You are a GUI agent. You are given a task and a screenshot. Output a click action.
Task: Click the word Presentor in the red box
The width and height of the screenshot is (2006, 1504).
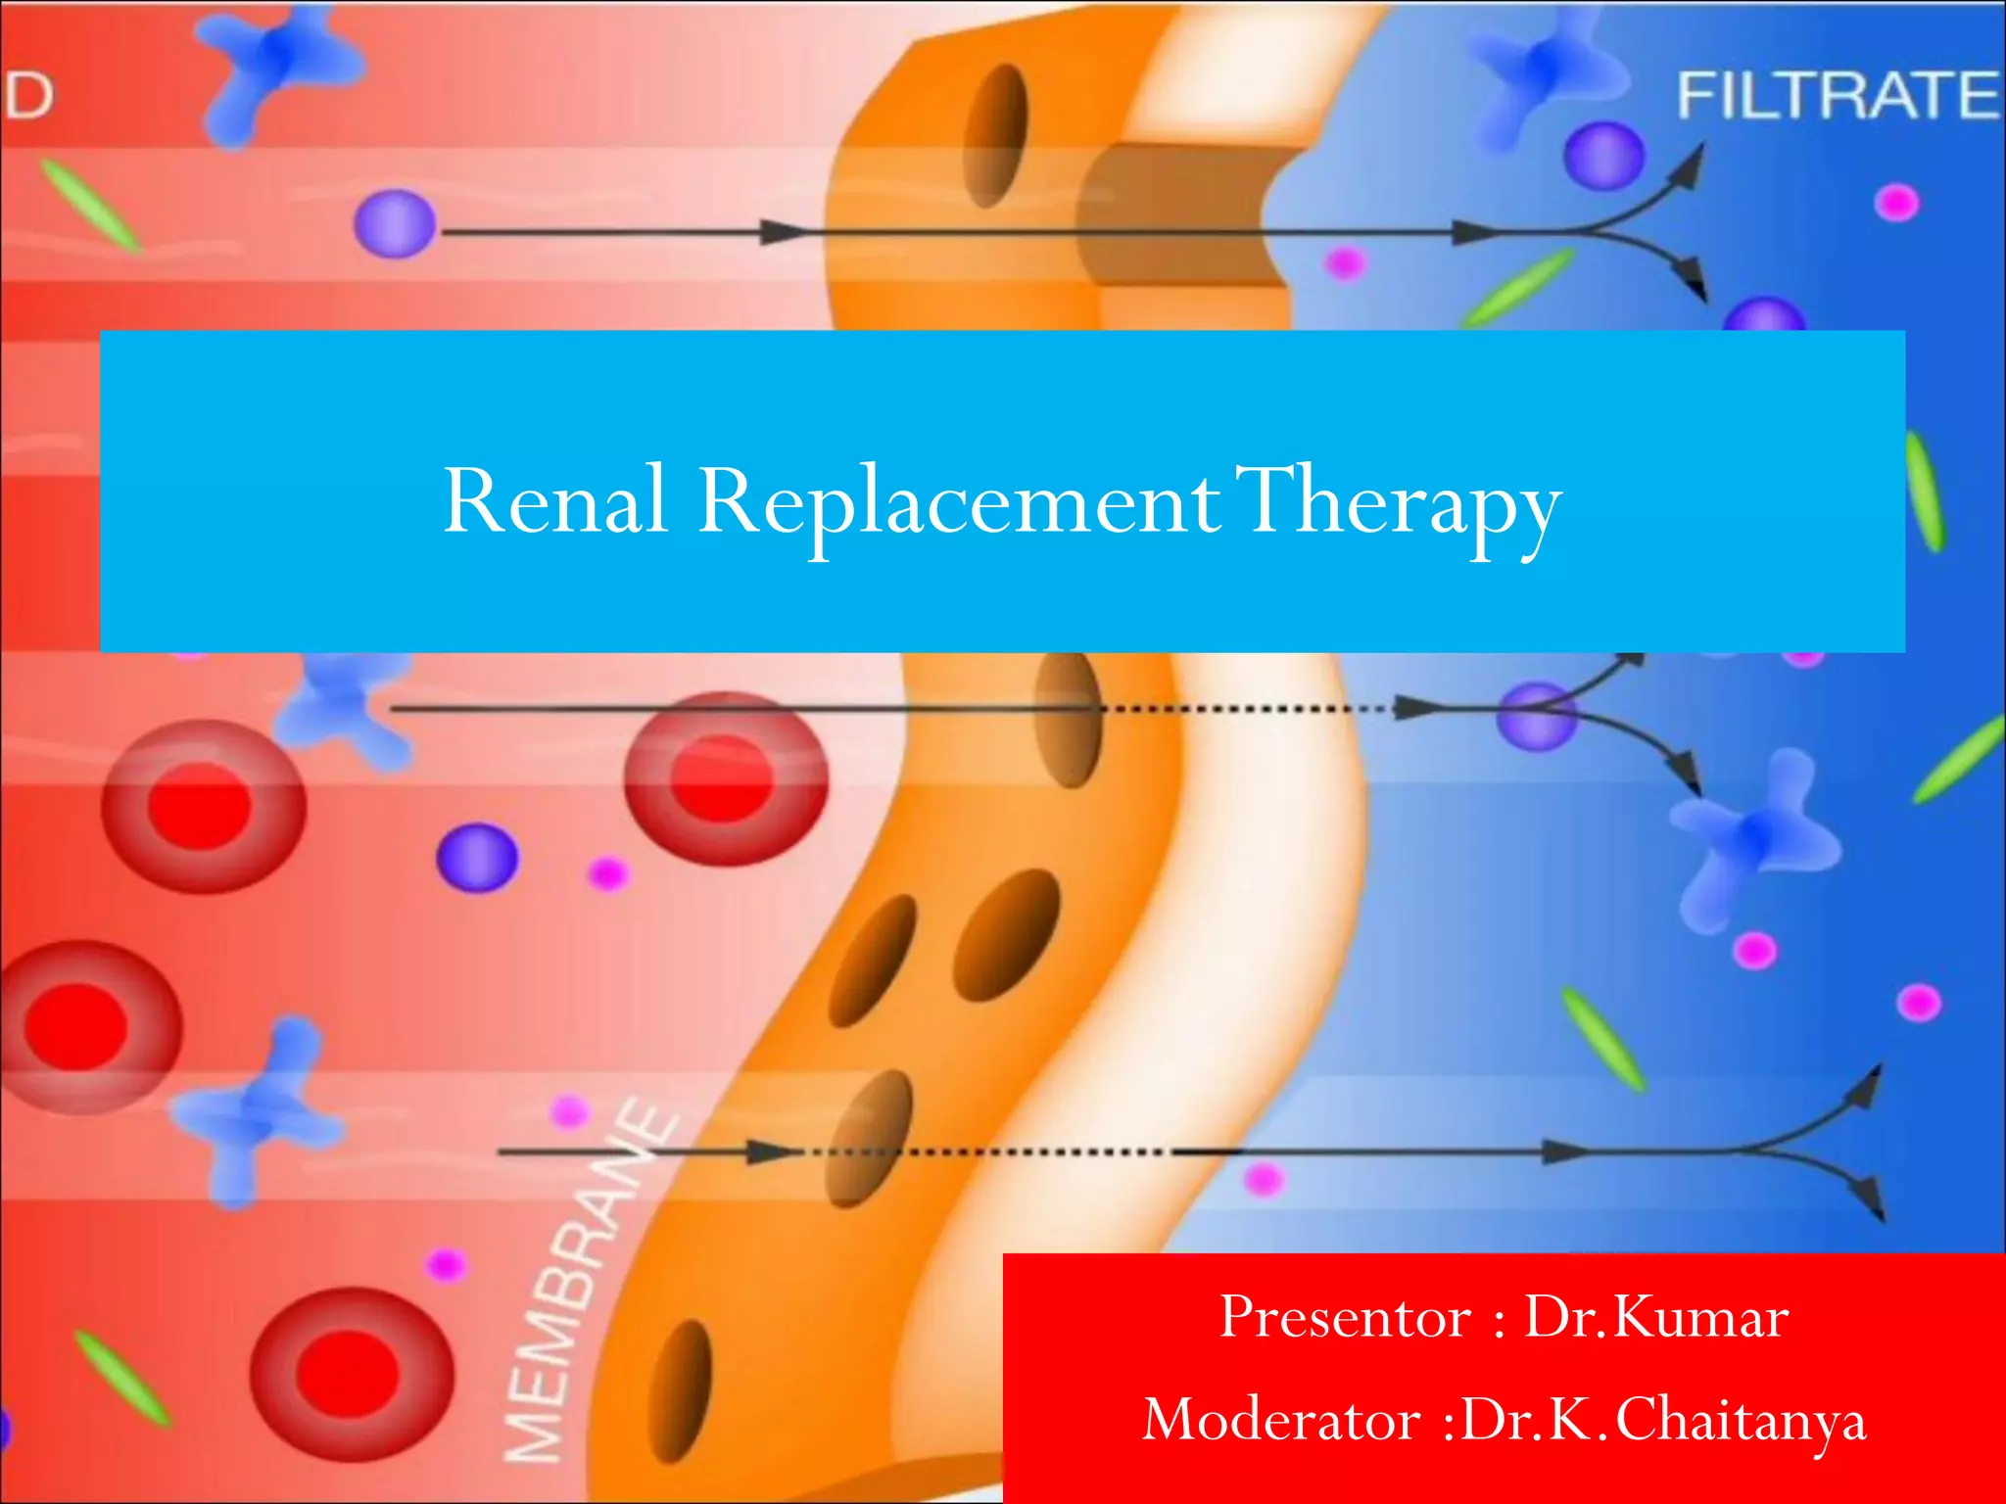click(1345, 1317)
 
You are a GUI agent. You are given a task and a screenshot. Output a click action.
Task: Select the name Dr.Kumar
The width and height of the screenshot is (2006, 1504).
click(1656, 1317)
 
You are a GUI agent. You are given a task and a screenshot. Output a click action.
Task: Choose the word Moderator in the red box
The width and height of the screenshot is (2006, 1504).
click(1281, 1420)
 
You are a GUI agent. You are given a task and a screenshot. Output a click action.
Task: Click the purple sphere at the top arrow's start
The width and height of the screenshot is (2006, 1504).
click(395, 224)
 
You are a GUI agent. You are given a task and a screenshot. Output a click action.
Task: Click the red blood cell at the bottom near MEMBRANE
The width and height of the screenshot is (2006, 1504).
click(350, 1374)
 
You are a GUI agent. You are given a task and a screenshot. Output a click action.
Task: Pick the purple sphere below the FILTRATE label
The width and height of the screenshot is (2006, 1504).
click(1603, 156)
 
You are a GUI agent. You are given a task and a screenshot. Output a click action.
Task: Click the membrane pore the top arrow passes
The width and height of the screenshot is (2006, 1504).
click(996, 135)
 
